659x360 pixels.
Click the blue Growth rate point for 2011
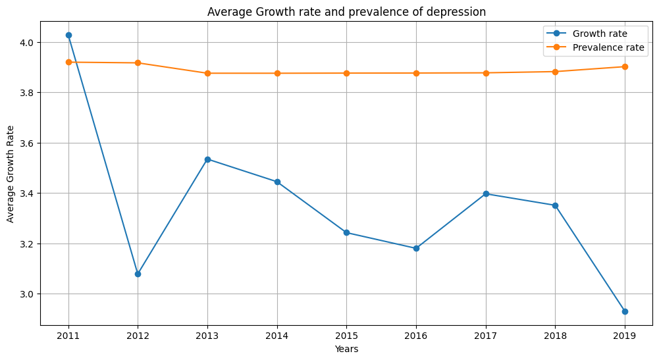point(68,35)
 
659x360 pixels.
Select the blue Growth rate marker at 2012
point(138,274)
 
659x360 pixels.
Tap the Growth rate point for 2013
point(207,159)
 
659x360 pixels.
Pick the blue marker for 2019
point(625,311)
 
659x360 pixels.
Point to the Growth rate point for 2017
point(486,193)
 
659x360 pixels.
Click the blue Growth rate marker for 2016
point(416,248)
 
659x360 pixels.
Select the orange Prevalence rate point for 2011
point(68,62)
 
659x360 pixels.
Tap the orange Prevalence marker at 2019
point(625,66)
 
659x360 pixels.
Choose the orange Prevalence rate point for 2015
point(346,73)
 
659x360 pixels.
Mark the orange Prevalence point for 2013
point(207,73)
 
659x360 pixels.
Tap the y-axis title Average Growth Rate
point(11,174)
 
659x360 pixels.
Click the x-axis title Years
point(346,349)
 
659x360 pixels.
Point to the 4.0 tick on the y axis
point(30,43)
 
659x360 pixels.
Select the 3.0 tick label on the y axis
point(30,294)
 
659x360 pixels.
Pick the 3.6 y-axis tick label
point(30,143)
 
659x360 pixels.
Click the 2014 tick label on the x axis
point(277,336)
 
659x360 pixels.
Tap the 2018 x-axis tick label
point(555,336)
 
